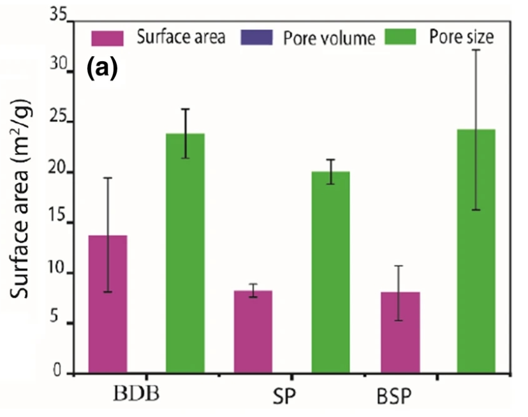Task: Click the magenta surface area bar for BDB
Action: pyautogui.click(x=108, y=304)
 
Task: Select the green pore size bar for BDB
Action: pyautogui.click(x=186, y=253)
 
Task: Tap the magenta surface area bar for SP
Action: pyautogui.click(x=253, y=332)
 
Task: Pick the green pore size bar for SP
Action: pyautogui.click(x=331, y=272)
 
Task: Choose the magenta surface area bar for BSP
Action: pyautogui.click(x=400, y=332)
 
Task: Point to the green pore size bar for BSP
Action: pyautogui.click(x=476, y=251)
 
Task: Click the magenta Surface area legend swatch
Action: pyautogui.click(x=107, y=38)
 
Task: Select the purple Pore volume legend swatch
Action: pyautogui.click(x=256, y=38)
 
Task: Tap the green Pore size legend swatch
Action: pyautogui.click(x=400, y=37)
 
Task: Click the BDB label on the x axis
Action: pyautogui.click(x=136, y=393)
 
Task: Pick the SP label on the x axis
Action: pyautogui.click(x=284, y=397)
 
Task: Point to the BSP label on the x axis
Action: pyautogui.click(x=394, y=397)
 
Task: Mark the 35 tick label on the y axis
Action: pyautogui.click(x=59, y=15)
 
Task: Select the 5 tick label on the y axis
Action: pyautogui.click(x=54, y=317)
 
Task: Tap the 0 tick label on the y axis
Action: pyautogui.click(x=57, y=370)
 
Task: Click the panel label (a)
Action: pyautogui.click(x=103, y=68)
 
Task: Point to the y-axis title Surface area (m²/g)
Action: pyautogui.click(x=20, y=199)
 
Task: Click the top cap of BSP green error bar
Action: pyautogui.click(x=476, y=50)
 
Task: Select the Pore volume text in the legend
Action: pyautogui.click(x=329, y=38)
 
